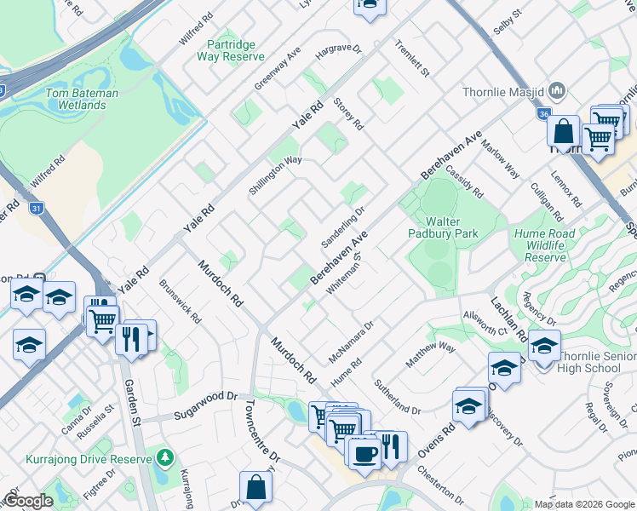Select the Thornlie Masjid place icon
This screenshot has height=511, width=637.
click(558, 90)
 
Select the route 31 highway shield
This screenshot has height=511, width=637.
click(35, 209)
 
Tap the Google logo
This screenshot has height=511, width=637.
click(27, 501)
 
